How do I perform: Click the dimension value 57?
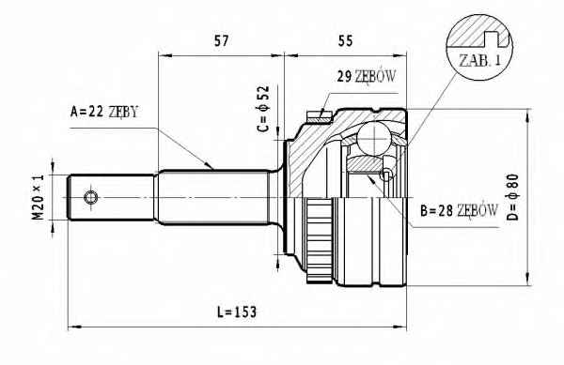[x=221, y=41]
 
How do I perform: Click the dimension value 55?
[x=345, y=41]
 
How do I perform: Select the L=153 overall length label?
[x=237, y=312]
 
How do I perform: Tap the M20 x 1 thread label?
[x=39, y=197]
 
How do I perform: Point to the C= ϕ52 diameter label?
[x=263, y=109]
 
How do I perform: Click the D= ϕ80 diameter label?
[x=513, y=197]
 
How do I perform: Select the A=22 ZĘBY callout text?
[x=104, y=112]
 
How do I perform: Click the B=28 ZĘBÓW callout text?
[x=460, y=211]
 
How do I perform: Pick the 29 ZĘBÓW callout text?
[x=367, y=76]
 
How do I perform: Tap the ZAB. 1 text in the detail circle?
[x=479, y=60]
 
